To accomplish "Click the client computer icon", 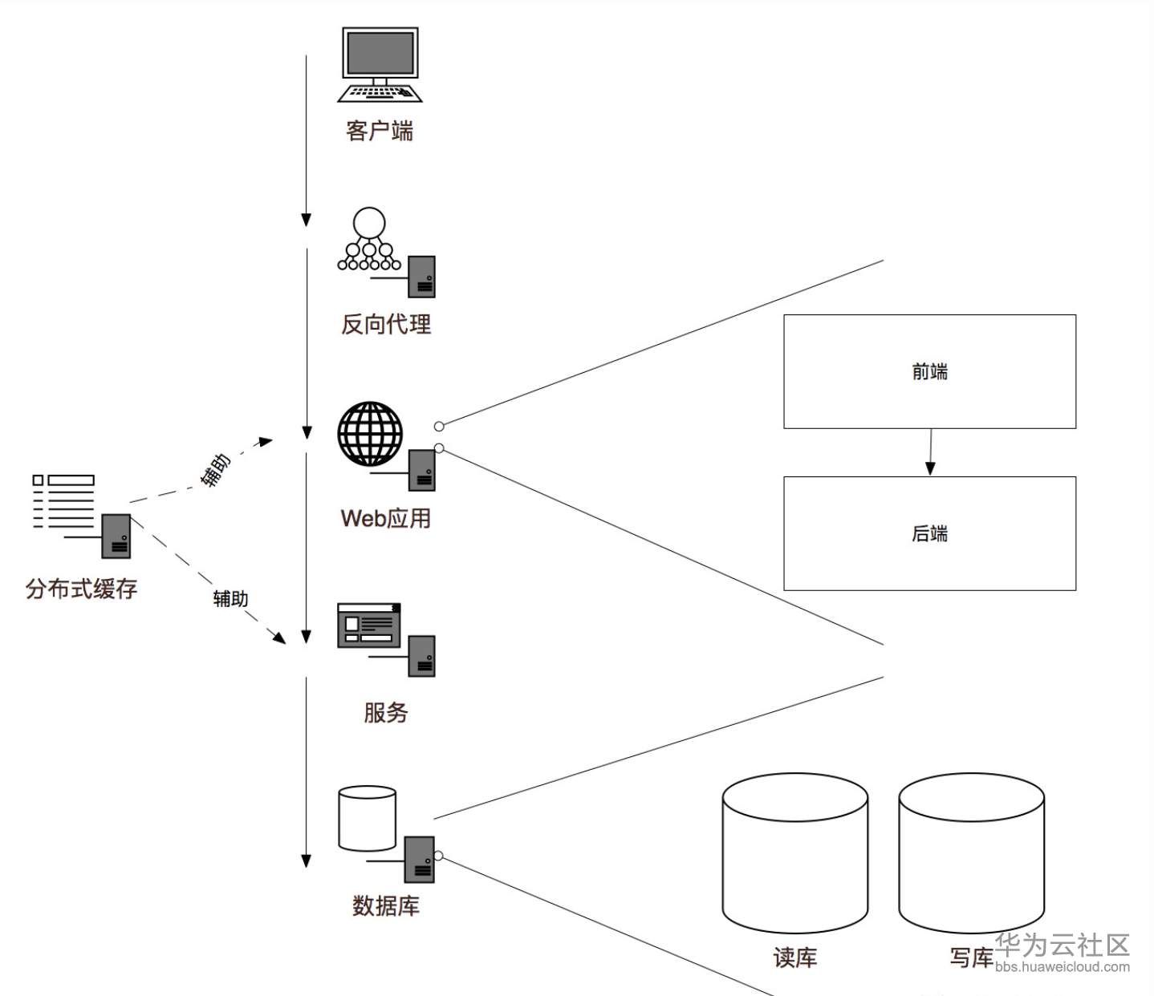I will (x=380, y=65).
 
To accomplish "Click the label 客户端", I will (x=380, y=131).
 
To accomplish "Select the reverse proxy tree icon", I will (x=369, y=241).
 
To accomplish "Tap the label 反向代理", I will (x=386, y=325).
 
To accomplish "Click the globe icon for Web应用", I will (x=370, y=434).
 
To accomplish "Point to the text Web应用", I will (x=386, y=519).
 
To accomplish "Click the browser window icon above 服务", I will (x=369, y=626).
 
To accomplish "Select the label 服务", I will (x=386, y=712).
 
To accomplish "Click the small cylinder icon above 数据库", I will (x=368, y=818).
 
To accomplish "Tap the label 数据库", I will (x=386, y=906).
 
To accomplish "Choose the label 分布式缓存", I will (x=81, y=589).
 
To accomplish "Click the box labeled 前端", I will (x=929, y=371).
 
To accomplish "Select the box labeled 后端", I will (x=929, y=533).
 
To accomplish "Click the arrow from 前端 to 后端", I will (x=930, y=452).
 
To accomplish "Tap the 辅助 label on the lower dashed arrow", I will (x=230, y=599).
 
